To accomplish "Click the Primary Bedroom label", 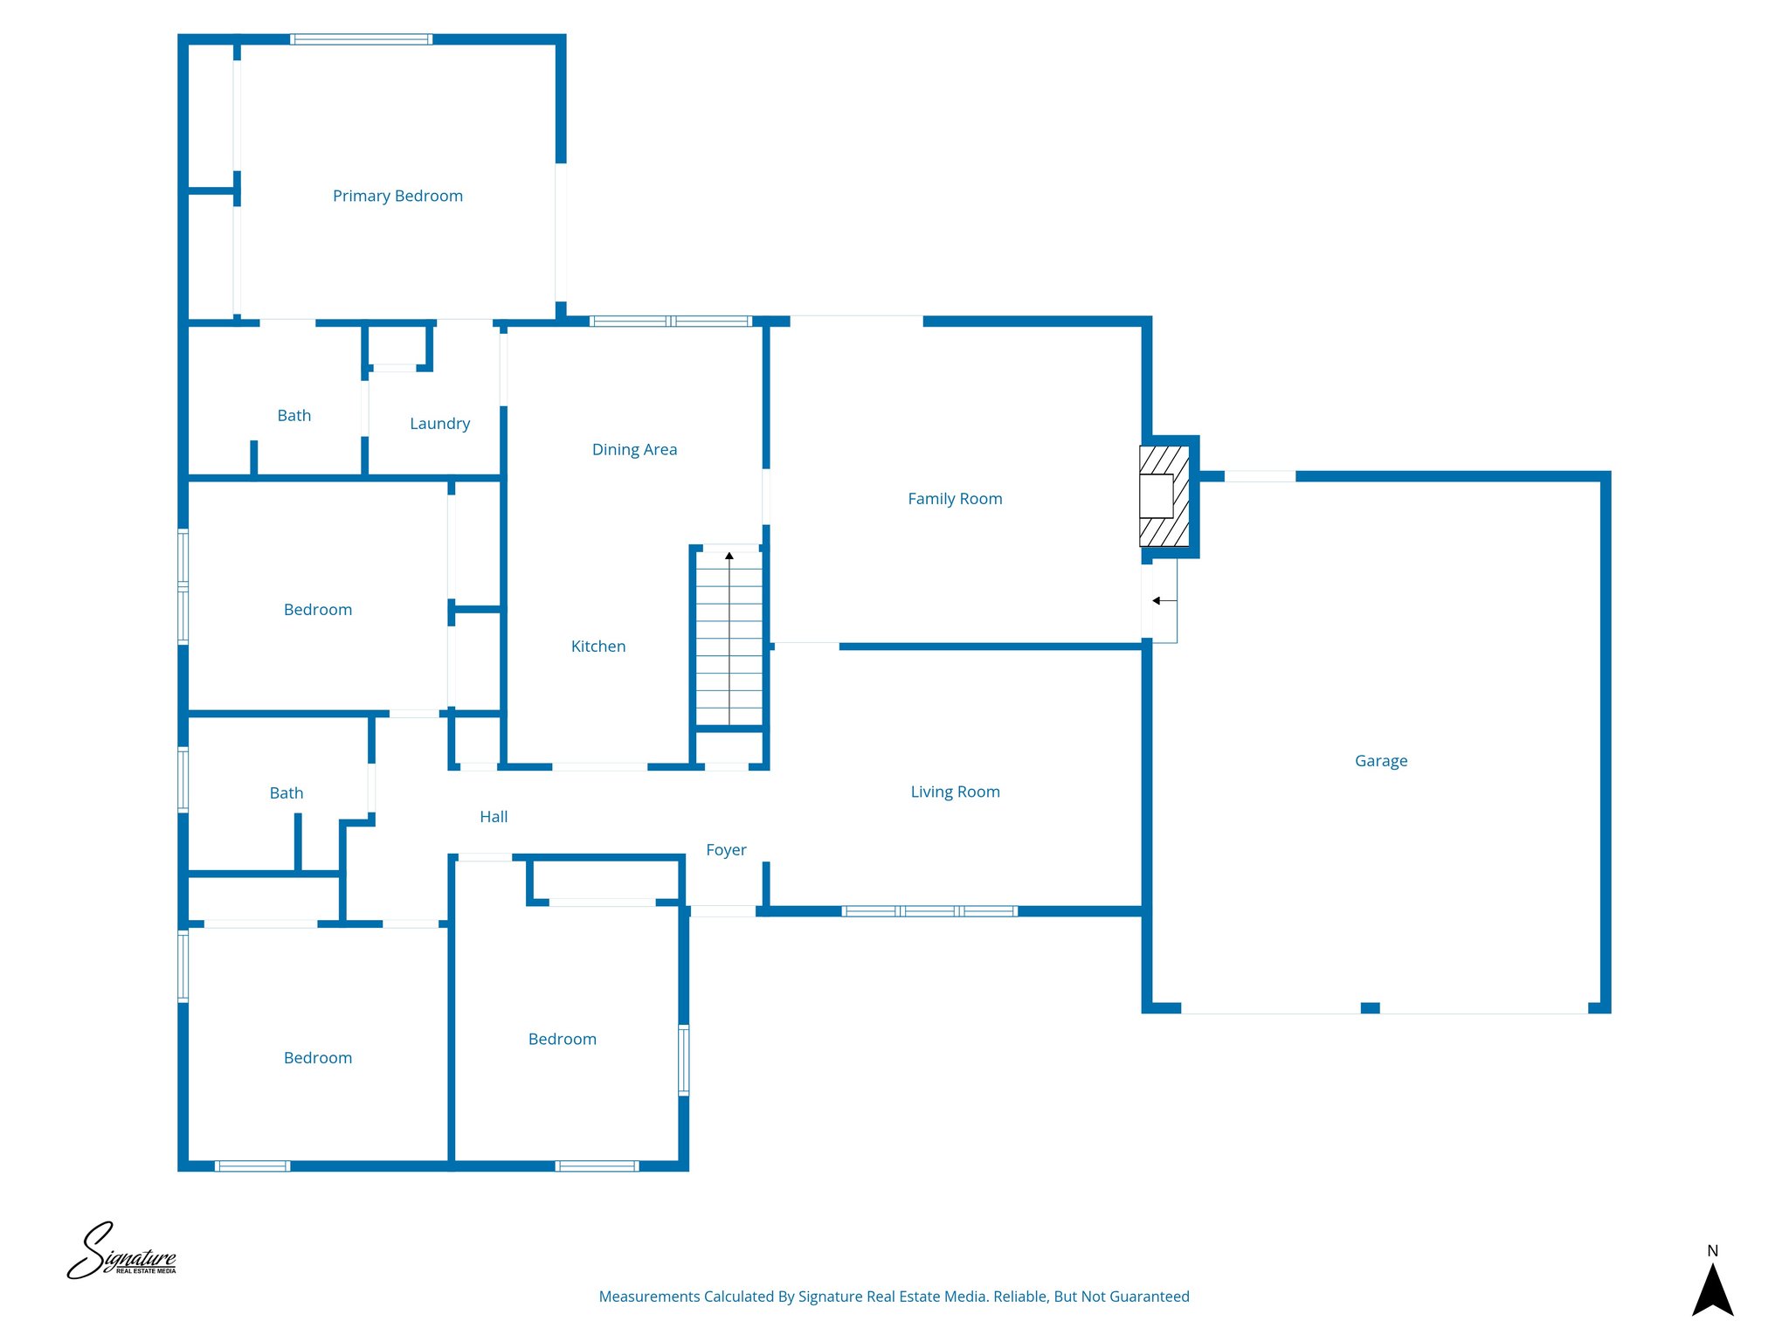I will point(397,196).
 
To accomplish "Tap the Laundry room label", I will point(439,424).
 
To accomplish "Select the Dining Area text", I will point(634,449).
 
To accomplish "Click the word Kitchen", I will point(598,647).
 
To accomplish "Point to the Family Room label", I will point(955,499).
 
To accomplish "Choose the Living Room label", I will point(955,792).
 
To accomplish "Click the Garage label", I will point(1381,761).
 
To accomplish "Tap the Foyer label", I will point(726,850).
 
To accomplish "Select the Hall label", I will point(494,817).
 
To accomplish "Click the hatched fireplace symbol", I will point(1164,496).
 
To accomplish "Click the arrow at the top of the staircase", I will point(729,556).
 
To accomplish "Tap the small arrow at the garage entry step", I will point(1157,601).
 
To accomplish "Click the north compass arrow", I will point(1712,1290).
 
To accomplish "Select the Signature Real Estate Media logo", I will point(122,1252).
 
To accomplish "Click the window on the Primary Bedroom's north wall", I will point(361,39).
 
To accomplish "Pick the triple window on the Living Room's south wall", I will point(929,911).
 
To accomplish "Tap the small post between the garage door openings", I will point(1370,1008).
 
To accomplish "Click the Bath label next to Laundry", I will point(294,416).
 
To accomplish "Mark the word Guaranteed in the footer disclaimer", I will point(1149,1297).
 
